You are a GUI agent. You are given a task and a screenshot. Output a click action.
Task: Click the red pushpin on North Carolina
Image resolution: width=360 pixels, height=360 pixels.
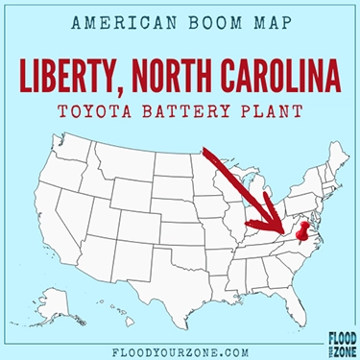(304, 231)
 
